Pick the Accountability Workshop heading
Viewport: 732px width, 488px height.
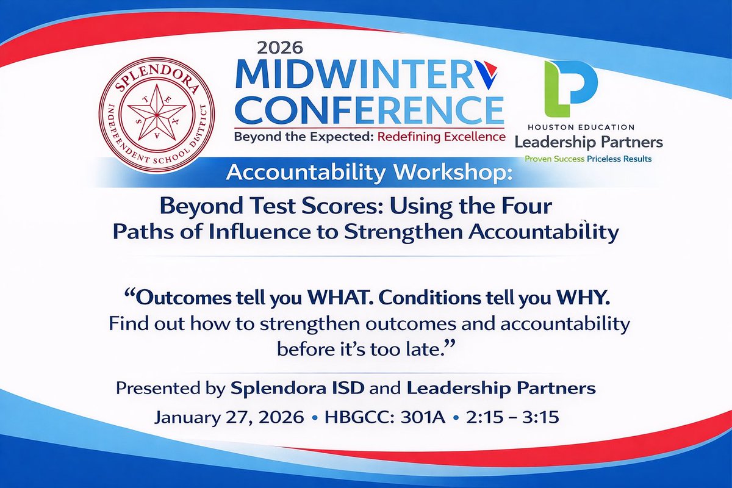pyautogui.click(x=369, y=173)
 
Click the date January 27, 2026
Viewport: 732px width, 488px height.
pyautogui.click(x=229, y=418)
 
